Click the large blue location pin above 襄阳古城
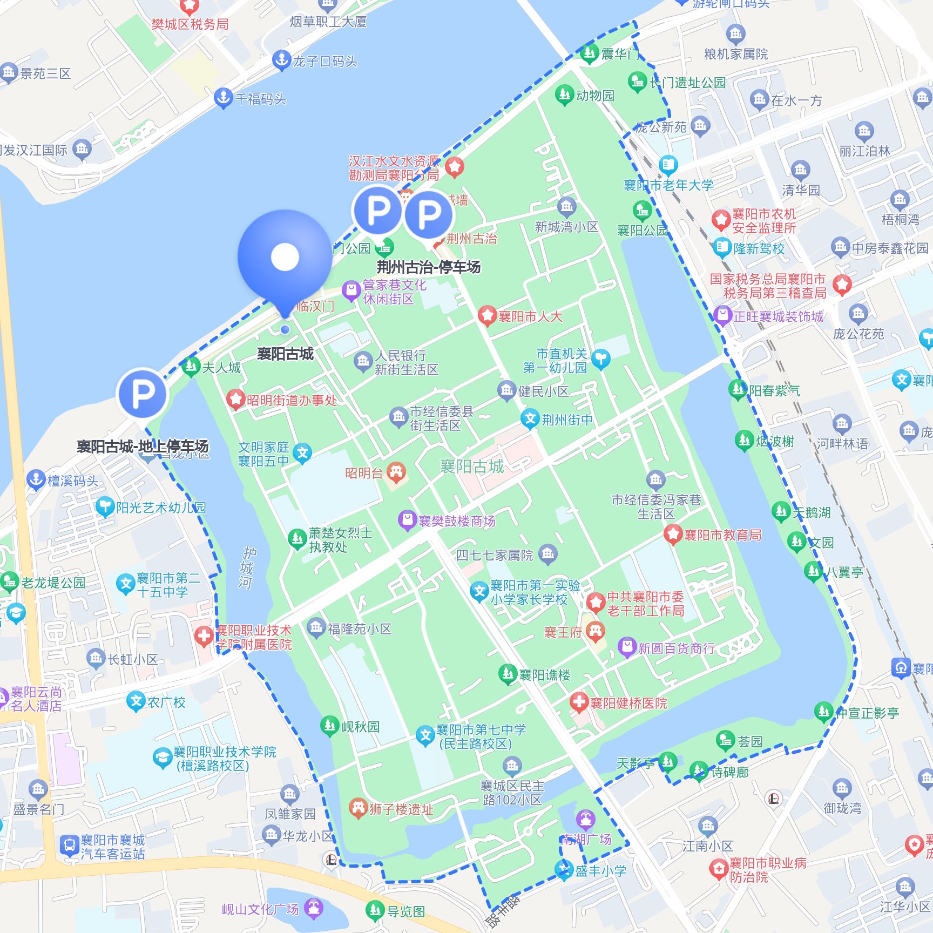coord(285,258)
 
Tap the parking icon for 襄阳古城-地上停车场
coord(143,393)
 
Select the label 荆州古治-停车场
coord(428,267)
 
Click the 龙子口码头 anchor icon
coord(281,60)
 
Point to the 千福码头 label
coord(261,99)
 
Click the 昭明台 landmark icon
coord(396,472)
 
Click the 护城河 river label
coord(247,567)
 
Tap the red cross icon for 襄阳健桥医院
coord(579,702)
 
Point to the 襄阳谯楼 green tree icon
coord(507,674)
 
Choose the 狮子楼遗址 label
coord(401,809)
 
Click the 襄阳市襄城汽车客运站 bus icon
coord(69,846)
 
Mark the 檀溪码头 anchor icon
coord(36,479)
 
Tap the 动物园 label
coord(595,96)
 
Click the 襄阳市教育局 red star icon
coord(673,534)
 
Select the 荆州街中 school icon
coord(530,419)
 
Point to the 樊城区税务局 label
coord(190,24)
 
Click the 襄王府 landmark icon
coord(595,631)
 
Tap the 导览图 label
coord(406,912)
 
